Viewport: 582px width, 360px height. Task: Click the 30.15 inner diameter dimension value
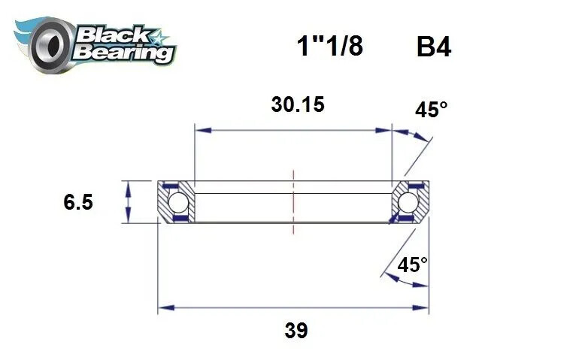pyautogui.click(x=297, y=104)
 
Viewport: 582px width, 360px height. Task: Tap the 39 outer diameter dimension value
pyautogui.click(x=296, y=330)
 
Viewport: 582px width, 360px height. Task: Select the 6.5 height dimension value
pyautogui.click(x=78, y=202)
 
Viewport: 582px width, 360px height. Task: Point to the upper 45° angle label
pyautogui.click(x=431, y=110)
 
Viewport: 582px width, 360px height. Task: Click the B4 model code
pyautogui.click(x=433, y=47)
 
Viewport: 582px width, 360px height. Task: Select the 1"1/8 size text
pyautogui.click(x=329, y=47)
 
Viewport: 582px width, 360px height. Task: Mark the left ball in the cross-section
pyautogui.click(x=177, y=202)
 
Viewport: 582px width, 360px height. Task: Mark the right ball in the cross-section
pyautogui.click(x=408, y=202)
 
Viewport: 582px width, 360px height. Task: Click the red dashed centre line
pyautogui.click(x=293, y=203)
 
